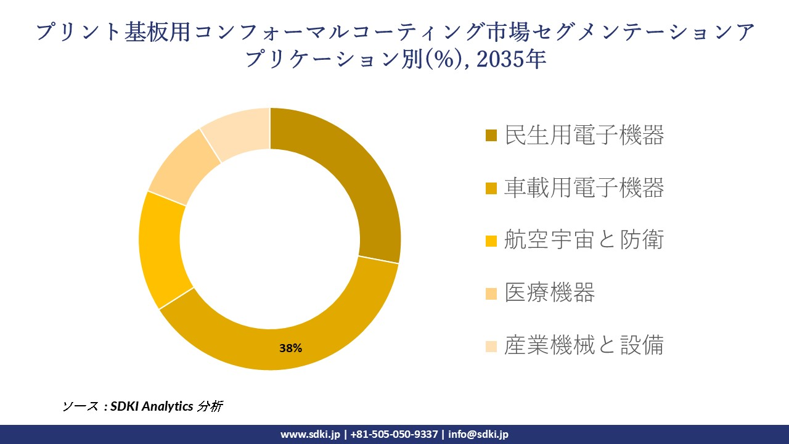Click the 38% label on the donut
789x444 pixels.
tap(290, 348)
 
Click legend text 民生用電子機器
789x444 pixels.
tap(584, 135)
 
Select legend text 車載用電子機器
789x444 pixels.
tap(584, 187)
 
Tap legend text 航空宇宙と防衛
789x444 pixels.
tap(584, 240)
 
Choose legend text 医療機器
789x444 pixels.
tap(549, 293)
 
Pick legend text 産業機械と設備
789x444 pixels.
tap(584, 345)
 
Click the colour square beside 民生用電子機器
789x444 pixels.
tap(491, 136)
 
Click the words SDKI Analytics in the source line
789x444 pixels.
tap(152, 406)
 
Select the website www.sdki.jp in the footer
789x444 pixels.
tap(310, 434)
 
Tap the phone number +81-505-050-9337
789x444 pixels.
tap(394, 434)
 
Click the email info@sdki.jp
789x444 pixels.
tap(478, 434)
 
